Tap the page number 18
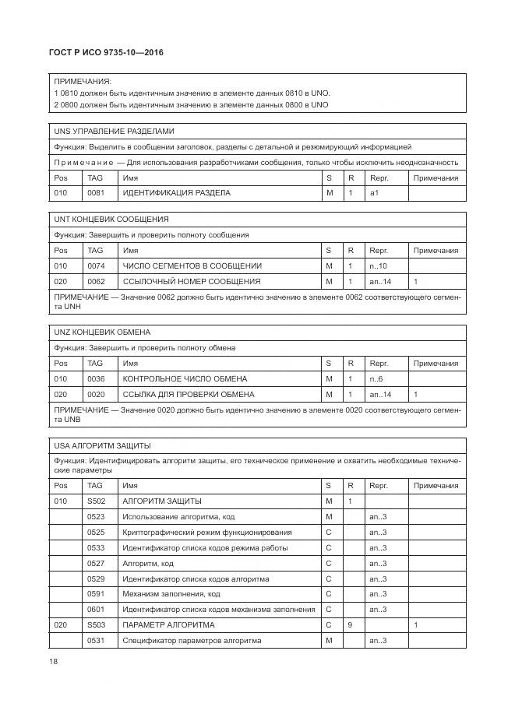[x=53, y=661]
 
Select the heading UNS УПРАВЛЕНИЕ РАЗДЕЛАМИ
[x=114, y=132]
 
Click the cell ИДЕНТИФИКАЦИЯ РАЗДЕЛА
[x=176, y=192]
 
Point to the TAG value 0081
[x=95, y=192]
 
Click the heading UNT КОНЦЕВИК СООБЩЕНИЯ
[x=111, y=220]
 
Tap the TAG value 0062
[x=95, y=281]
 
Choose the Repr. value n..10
[x=378, y=266]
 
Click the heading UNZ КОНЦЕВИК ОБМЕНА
[x=101, y=332]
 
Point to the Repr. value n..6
[x=376, y=378]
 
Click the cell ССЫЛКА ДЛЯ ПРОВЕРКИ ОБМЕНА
[x=189, y=394]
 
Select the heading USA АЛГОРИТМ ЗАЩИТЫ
[x=102, y=445]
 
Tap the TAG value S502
[x=96, y=501]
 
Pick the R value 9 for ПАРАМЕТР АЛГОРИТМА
[x=351, y=625]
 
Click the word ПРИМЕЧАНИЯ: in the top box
[x=82, y=81]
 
